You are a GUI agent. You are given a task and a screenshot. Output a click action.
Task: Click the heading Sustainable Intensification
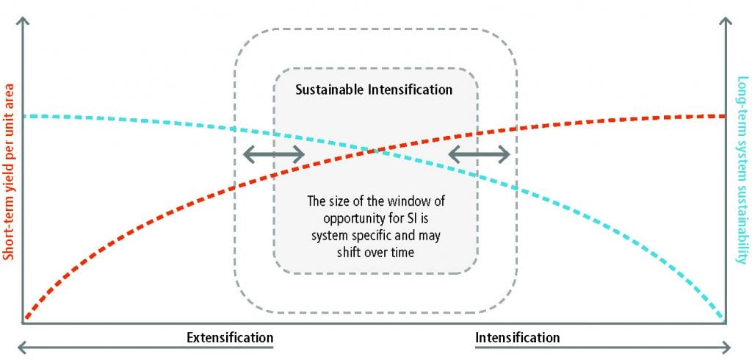[374, 90]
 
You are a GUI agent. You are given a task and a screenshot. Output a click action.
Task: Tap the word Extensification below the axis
[230, 337]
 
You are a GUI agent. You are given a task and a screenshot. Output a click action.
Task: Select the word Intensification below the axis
[518, 337]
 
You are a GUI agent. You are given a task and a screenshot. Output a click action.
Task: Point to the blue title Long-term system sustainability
[742, 170]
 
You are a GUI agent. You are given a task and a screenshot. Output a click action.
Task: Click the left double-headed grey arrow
[274, 154]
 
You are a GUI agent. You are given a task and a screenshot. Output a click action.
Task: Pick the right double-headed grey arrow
[479, 154]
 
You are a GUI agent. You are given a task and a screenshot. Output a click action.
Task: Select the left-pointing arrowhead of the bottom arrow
[21, 347]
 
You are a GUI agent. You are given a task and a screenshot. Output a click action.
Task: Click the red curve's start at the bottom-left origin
[27, 317]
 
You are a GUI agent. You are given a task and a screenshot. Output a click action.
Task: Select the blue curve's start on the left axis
[25, 116]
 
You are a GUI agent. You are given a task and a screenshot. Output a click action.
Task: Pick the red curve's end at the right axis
[723, 116]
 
